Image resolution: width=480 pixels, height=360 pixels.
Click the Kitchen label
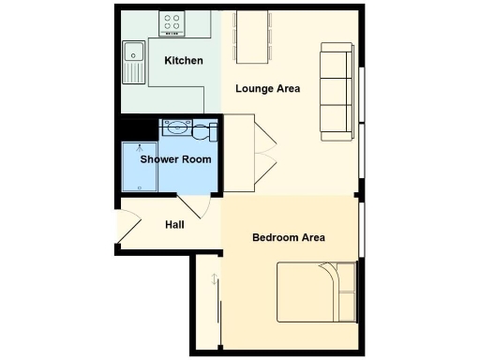(184, 61)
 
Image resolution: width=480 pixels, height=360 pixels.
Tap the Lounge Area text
(267, 89)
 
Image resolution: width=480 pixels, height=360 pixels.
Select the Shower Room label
(175, 159)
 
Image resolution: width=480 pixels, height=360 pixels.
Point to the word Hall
(174, 225)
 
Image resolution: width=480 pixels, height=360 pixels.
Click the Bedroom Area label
(289, 237)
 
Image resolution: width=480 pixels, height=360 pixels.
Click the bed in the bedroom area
(317, 293)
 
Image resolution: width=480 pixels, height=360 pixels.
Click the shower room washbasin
(175, 129)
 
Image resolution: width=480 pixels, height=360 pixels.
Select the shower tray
(139, 165)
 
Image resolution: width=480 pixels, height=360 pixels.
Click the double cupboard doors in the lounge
(265, 148)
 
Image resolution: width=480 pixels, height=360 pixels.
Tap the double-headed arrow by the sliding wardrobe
(215, 279)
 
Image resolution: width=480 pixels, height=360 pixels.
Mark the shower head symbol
(141, 148)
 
